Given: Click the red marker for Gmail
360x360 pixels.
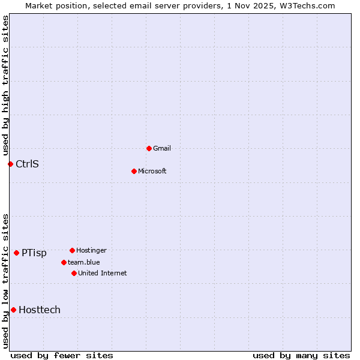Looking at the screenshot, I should click(x=149, y=148).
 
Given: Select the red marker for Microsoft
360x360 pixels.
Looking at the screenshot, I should click(x=134, y=171).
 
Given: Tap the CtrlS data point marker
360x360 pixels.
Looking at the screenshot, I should click(x=10, y=164).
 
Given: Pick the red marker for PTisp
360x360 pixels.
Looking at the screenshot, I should click(x=16, y=253).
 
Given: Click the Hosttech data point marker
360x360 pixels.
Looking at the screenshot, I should click(x=13, y=310).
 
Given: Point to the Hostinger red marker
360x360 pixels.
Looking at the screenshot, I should click(x=72, y=250).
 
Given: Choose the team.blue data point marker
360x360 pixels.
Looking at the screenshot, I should click(x=64, y=262).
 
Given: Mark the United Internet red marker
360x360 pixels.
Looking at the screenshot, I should click(x=74, y=273).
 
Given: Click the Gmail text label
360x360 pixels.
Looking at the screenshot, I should click(x=162, y=148).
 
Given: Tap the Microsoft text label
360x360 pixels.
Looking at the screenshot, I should click(x=152, y=171).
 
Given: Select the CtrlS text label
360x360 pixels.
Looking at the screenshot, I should click(x=27, y=164).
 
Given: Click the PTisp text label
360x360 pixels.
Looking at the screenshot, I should click(x=34, y=253).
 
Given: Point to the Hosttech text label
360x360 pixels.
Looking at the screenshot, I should click(x=40, y=310).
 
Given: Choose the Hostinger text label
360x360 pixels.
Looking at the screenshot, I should click(x=92, y=250).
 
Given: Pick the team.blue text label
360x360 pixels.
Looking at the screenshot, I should click(x=84, y=262).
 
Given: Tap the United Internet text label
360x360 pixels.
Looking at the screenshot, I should click(x=103, y=273).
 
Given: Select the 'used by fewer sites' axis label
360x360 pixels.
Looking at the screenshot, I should click(x=62, y=355).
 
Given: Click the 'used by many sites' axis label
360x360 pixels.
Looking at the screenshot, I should click(x=301, y=355).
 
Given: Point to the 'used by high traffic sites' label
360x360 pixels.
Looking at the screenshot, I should click(x=5, y=85).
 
